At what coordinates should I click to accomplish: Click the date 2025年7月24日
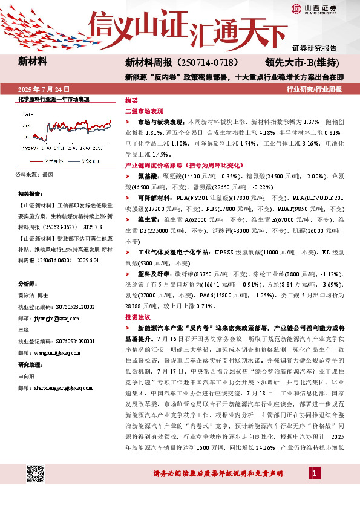point(45,89)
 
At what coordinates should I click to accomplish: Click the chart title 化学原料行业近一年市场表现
point(53,99)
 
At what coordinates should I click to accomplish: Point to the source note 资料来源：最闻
point(36,174)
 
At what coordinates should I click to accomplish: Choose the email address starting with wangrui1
point(45,349)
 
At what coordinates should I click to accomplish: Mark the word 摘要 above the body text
point(131,100)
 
